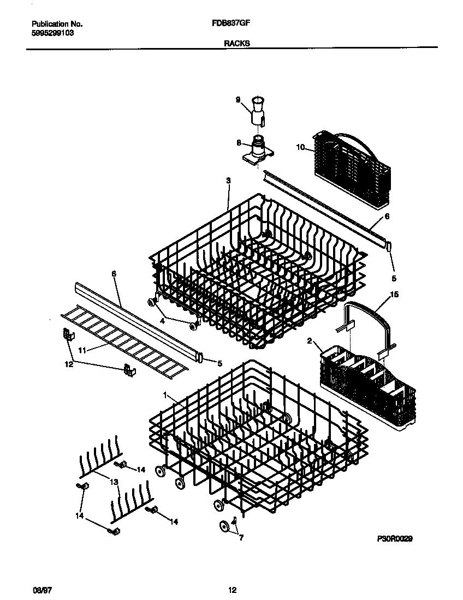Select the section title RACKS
[x=236, y=43]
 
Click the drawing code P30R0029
[x=395, y=538]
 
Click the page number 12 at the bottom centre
[x=232, y=590]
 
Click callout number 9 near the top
[x=238, y=99]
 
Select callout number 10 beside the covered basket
[x=300, y=147]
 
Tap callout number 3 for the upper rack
[x=228, y=181]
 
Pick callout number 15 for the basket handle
[x=394, y=295]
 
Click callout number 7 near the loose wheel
[x=241, y=537]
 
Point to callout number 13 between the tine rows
[x=114, y=482]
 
